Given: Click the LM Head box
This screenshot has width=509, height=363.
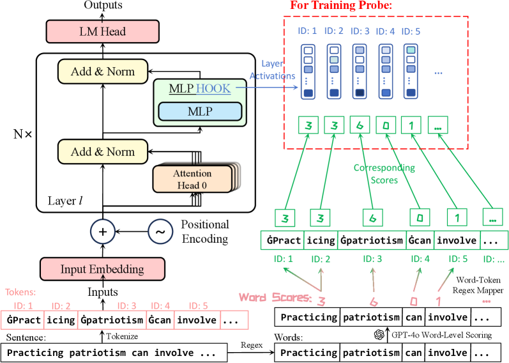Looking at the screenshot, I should (x=102, y=31).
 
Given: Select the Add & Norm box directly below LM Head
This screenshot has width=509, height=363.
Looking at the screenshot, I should (x=102, y=72).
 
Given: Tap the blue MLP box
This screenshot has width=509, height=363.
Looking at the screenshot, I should (x=199, y=112).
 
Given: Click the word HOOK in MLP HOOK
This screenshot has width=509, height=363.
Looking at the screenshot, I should (x=213, y=89).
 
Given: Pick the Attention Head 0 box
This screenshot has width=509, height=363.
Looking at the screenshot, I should (x=192, y=179).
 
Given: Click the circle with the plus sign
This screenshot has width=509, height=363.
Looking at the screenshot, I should (x=103, y=232).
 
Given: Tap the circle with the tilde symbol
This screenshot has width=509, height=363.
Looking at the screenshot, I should (x=160, y=232).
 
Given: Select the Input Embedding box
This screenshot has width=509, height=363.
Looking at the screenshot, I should (x=102, y=269).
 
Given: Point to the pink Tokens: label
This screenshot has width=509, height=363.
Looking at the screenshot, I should (x=22, y=292).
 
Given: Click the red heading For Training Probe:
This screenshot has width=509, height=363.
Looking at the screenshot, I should (x=340, y=6).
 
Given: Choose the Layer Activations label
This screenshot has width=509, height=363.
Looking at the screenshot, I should (x=272, y=70).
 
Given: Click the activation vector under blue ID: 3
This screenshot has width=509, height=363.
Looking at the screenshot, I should (x=360, y=72).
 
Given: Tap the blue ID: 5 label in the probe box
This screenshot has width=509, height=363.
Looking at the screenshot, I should (x=413, y=31).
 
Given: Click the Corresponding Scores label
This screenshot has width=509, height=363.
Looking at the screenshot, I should (x=384, y=174).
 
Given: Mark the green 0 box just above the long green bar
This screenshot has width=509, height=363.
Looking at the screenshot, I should (x=419, y=217).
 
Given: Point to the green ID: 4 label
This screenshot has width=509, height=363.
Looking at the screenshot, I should (x=420, y=259).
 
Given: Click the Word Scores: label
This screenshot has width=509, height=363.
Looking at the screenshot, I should (x=275, y=297).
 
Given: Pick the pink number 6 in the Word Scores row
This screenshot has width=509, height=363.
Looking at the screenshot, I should (x=373, y=302).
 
